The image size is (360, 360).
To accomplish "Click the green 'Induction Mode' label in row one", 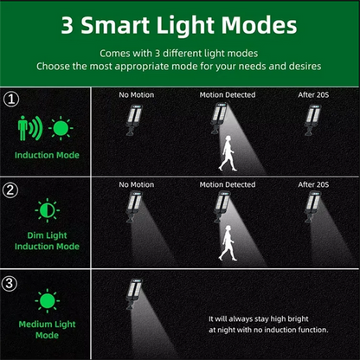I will [x=48, y=156].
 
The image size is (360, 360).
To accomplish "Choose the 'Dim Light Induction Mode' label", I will [x=47, y=241].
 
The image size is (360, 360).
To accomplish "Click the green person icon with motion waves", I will [x=29, y=128].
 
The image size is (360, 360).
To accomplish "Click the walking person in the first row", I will [x=228, y=156].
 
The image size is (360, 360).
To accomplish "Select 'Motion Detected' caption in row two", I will [x=228, y=184].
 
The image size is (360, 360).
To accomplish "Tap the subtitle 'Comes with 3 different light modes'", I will [x=180, y=53].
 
